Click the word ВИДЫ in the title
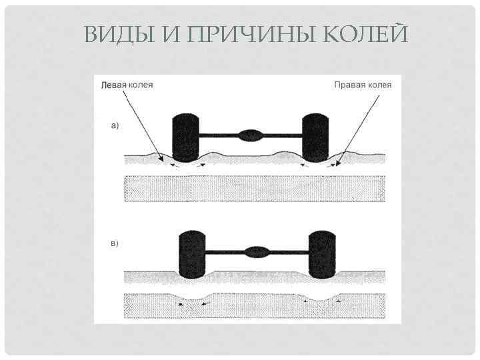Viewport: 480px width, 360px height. coord(117,34)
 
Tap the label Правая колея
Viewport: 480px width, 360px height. coord(362,85)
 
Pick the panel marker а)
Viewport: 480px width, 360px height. coord(115,125)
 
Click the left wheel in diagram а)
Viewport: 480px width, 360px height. coord(185,139)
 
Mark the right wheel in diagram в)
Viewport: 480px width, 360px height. coord(323,255)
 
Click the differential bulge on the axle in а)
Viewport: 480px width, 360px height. coord(251,135)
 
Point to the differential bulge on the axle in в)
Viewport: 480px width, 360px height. coord(256,252)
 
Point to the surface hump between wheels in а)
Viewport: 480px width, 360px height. coord(213,156)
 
